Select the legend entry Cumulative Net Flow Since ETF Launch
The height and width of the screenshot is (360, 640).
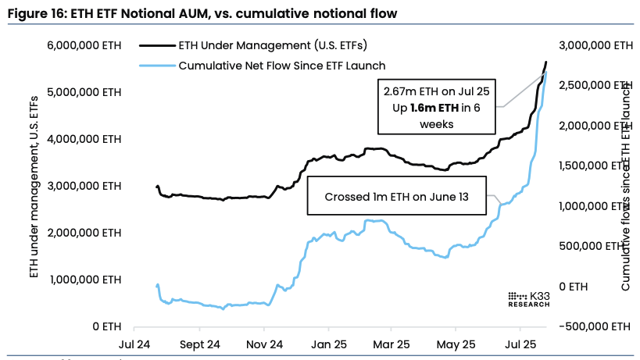click(x=281, y=66)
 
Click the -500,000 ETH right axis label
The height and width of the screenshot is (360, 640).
click(x=595, y=326)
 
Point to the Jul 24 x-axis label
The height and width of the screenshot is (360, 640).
click(x=134, y=344)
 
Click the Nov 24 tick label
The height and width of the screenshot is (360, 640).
click(x=264, y=344)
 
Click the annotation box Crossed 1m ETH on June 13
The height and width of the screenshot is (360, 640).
click(x=398, y=197)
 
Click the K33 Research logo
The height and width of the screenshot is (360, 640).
click(x=528, y=299)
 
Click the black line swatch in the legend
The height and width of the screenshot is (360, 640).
click(x=156, y=47)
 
